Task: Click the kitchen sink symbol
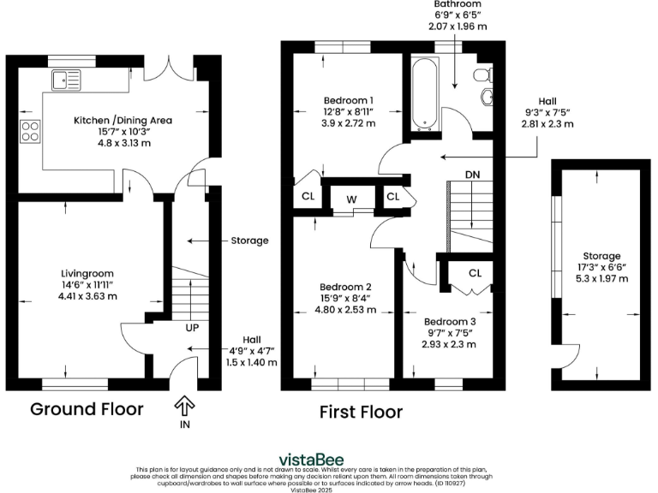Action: [x=65, y=80]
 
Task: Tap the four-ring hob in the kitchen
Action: [x=31, y=132]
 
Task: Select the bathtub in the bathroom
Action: [x=424, y=95]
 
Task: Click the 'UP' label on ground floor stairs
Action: [x=194, y=327]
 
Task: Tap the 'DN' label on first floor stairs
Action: [x=472, y=175]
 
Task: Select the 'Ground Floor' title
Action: [x=87, y=408]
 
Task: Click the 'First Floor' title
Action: [x=361, y=412]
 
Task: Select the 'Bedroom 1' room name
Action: [x=347, y=98]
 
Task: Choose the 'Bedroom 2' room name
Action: [x=345, y=286]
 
